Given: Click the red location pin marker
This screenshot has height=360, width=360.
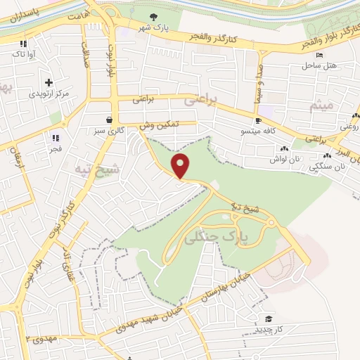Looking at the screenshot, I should (181, 166).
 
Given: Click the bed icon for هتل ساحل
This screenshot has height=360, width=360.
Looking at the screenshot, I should (320, 56).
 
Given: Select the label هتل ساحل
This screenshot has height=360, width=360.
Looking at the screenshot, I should (321, 66).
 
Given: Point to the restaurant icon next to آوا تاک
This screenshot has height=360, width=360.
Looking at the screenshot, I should (23, 43).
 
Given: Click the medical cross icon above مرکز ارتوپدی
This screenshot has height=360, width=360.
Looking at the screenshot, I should (49, 82).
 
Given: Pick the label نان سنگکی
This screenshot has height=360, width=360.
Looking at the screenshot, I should (330, 167).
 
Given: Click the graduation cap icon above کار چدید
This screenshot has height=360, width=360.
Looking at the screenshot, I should (266, 319).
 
